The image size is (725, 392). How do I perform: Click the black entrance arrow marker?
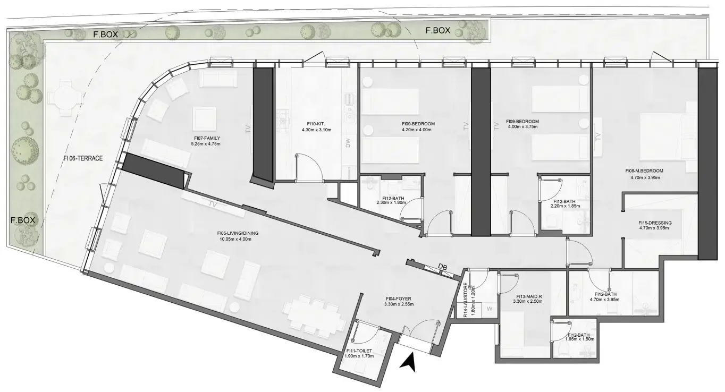pos(408,363)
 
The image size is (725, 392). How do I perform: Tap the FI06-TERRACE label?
pos(83,158)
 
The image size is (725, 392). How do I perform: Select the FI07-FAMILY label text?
pos(206,138)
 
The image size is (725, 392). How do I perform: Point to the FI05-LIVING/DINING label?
pos(238,233)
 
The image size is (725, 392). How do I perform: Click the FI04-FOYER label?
pos(399,299)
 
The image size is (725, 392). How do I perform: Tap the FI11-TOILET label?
pos(359,351)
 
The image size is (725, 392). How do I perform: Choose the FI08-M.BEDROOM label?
pos(644,171)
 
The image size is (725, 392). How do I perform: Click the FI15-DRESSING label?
pos(655,223)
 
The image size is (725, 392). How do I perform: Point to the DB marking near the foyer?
pos(442,267)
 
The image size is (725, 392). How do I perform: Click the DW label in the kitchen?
pos(348,143)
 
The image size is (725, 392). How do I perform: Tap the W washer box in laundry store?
pos(490,309)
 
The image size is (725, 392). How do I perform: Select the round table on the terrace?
pos(65,98)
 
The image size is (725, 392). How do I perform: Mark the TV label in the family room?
pos(248,130)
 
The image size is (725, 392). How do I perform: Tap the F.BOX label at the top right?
pos(438,30)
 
